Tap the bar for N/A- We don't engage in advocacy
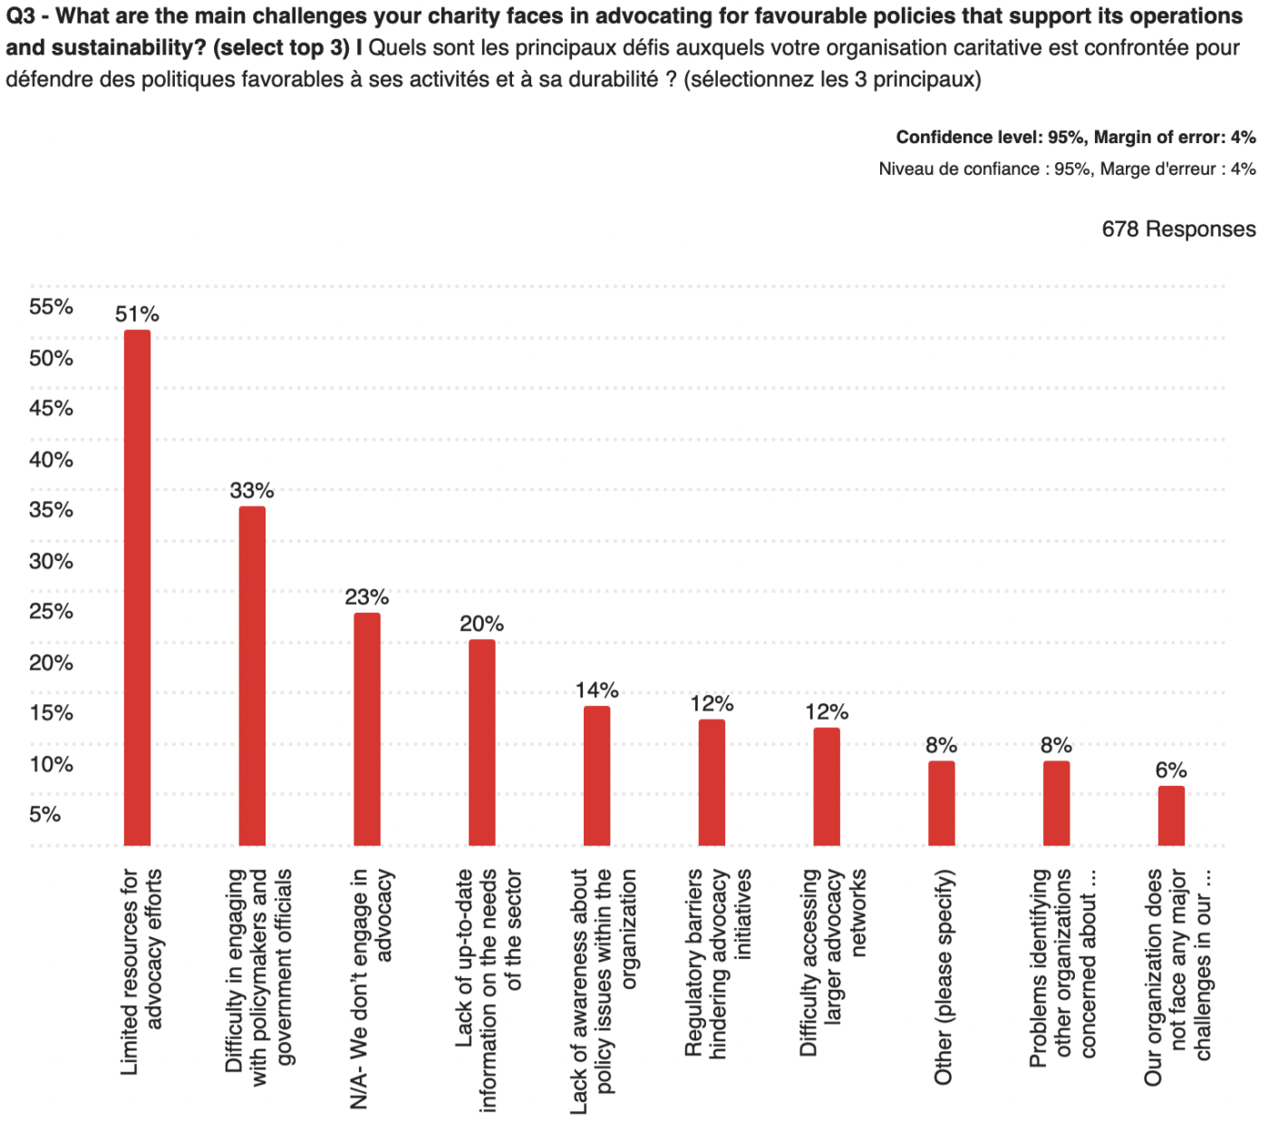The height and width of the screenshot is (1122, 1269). (367, 729)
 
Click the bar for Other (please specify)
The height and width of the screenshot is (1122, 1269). (942, 803)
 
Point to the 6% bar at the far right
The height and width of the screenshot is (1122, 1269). (1171, 815)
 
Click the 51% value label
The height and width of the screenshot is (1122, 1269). (137, 314)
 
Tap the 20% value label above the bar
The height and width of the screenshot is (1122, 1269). (481, 624)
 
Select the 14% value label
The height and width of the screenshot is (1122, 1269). (596, 691)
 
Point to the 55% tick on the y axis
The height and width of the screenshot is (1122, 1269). (51, 306)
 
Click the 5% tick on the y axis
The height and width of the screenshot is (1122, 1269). (45, 814)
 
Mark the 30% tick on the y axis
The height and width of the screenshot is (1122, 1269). (51, 561)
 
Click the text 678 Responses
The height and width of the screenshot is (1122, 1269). (1178, 229)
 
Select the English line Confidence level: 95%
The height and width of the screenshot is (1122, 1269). (1075, 137)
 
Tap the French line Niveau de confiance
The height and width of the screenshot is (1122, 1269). (1067, 169)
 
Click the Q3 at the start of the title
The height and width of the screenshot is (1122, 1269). (20, 16)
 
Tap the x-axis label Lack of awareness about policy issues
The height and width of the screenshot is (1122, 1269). (604, 990)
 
